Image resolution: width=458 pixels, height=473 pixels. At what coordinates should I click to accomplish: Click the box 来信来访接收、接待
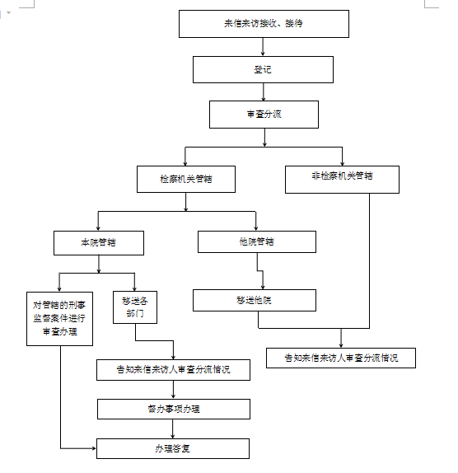264,24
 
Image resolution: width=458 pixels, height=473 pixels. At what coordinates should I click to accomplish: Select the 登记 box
263,69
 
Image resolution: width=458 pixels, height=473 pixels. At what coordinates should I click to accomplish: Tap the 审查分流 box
264,115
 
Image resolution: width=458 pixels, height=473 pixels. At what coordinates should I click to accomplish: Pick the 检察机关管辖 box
186,179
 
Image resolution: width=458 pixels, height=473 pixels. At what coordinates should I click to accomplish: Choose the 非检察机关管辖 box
342,179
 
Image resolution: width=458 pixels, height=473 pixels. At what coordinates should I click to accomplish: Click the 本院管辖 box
99,243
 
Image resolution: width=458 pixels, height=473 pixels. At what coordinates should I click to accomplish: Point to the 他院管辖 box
257,241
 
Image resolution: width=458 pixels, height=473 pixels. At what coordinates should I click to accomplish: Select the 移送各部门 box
135,307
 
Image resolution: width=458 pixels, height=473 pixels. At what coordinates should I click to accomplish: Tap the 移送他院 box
255,300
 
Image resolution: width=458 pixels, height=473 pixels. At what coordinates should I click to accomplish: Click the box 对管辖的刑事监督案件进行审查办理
59,319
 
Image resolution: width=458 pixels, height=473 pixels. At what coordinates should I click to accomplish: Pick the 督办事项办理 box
174,409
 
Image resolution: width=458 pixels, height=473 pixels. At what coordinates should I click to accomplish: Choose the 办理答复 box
173,448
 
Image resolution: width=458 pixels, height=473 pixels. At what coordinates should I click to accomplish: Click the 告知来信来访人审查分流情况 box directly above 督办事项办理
173,370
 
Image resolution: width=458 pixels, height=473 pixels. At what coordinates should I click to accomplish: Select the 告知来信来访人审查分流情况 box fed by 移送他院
341,358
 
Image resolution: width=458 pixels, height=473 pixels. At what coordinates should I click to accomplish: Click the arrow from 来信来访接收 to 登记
263,47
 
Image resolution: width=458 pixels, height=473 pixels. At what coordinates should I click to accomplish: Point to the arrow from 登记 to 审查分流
264,91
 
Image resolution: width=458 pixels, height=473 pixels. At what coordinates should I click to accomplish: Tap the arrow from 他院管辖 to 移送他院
260,271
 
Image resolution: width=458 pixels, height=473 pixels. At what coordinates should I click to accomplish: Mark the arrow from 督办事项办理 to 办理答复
173,429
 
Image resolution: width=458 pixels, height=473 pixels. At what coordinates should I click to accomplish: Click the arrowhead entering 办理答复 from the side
94,448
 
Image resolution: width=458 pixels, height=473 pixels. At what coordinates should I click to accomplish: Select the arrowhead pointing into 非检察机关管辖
342,163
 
